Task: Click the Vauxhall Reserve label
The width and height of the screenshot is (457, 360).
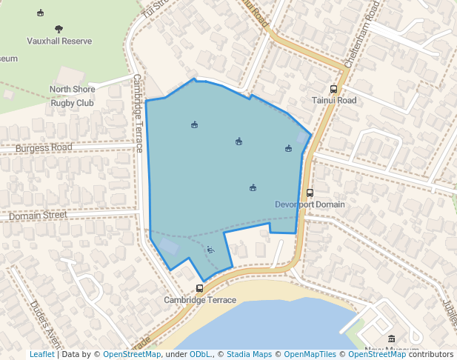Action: [59, 41]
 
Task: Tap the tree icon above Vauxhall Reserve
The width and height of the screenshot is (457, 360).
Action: [59, 29]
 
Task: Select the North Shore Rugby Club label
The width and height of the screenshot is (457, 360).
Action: [72, 96]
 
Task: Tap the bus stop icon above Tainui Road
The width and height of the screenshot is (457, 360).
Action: [333, 89]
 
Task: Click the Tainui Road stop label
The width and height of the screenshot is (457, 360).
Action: [334, 101]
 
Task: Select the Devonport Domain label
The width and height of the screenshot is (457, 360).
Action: [310, 204]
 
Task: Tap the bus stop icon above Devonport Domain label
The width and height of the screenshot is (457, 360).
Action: [310, 193]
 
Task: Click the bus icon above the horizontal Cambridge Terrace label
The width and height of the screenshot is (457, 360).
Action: [199, 288]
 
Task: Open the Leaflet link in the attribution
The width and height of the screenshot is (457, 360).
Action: [41, 354]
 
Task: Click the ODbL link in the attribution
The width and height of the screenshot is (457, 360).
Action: [200, 354]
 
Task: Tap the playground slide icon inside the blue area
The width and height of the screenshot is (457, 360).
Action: [210, 250]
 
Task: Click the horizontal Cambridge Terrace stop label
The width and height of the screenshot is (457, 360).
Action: [200, 300]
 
